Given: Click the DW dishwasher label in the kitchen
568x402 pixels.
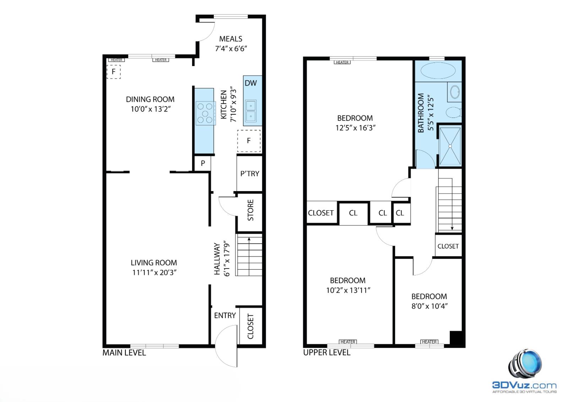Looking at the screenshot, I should [x=251, y=83].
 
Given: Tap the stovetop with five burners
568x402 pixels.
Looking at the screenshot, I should [x=205, y=113].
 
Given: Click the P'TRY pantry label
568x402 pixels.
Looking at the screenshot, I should [x=250, y=174].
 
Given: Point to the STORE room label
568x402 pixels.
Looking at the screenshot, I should [x=250, y=210].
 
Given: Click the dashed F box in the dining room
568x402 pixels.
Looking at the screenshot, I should [x=114, y=72].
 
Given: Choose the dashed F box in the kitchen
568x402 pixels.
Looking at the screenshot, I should [x=248, y=141].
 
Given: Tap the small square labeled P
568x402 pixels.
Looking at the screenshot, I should [x=203, y=163].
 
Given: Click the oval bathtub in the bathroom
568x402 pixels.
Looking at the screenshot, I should [x=438, y=70].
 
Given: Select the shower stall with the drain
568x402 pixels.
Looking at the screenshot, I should [x=450, y=146].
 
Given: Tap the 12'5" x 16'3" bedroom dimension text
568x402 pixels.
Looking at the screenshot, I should [x=355, y=128].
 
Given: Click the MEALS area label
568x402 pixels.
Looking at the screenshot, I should [x=231, y=39].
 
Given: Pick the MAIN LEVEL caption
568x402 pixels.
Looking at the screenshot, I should [x=124, y=353].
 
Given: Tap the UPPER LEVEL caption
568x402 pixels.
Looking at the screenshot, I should [x=327, y=353].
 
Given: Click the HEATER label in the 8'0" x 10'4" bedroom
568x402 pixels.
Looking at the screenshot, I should [x=429, y=342].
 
